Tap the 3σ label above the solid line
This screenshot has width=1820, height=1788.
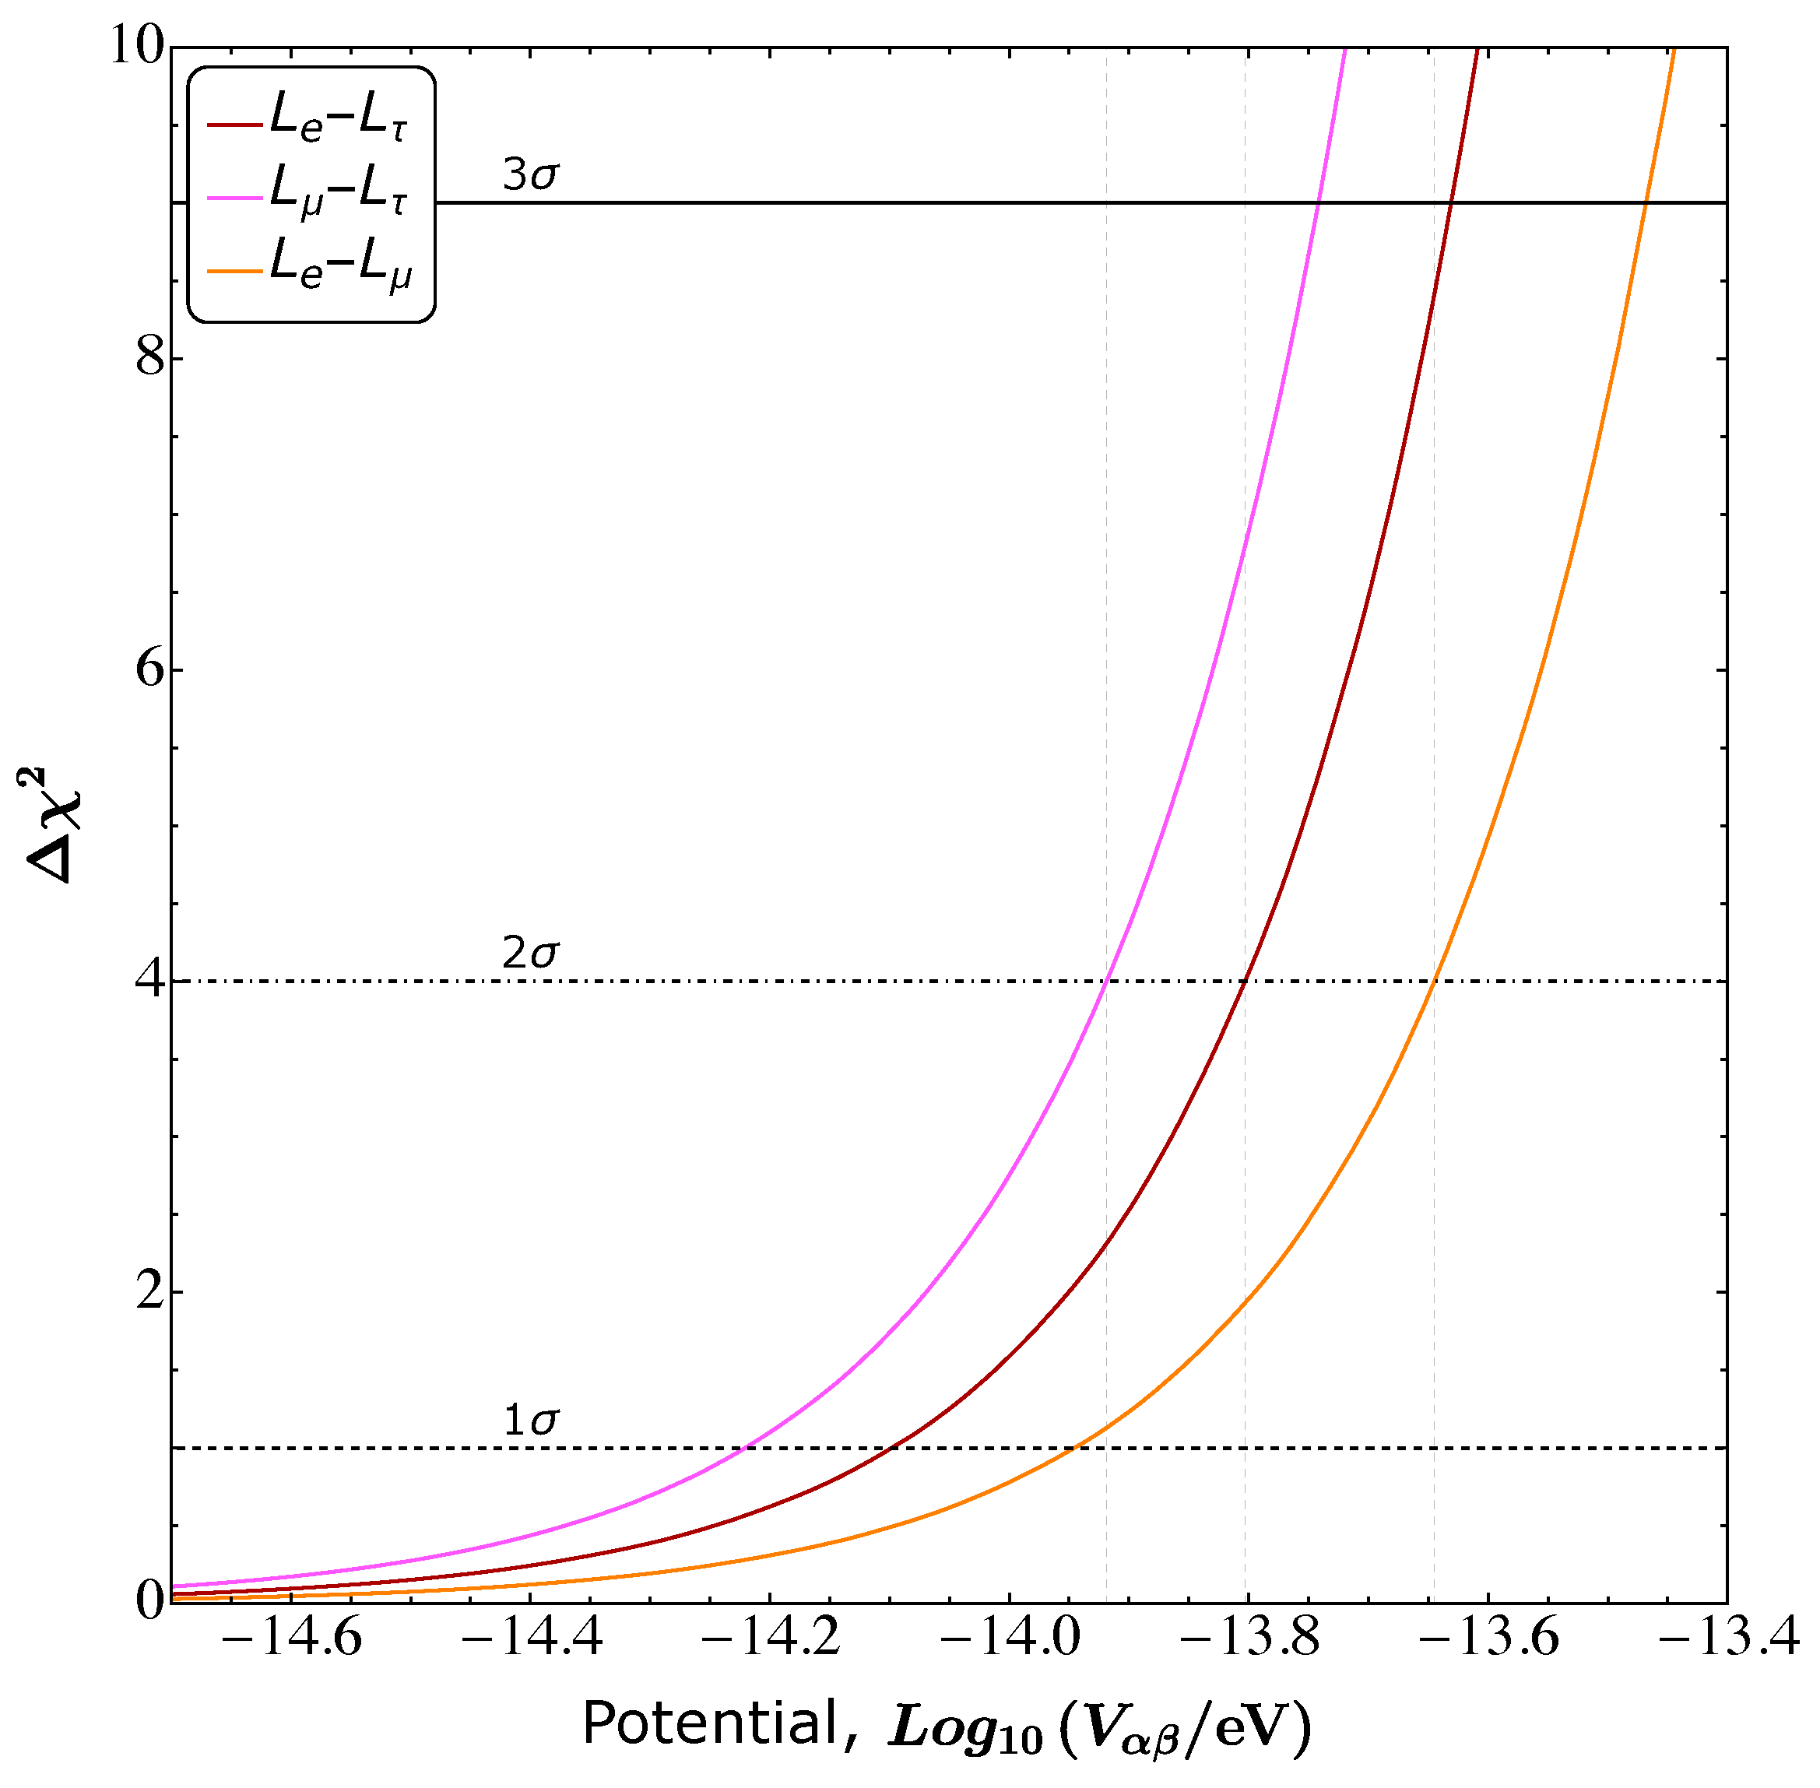(529, 174)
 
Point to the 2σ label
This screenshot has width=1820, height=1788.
(529, 954)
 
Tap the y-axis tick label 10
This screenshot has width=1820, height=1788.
(137, 45)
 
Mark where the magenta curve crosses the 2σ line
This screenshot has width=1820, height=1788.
(1107, 982)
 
